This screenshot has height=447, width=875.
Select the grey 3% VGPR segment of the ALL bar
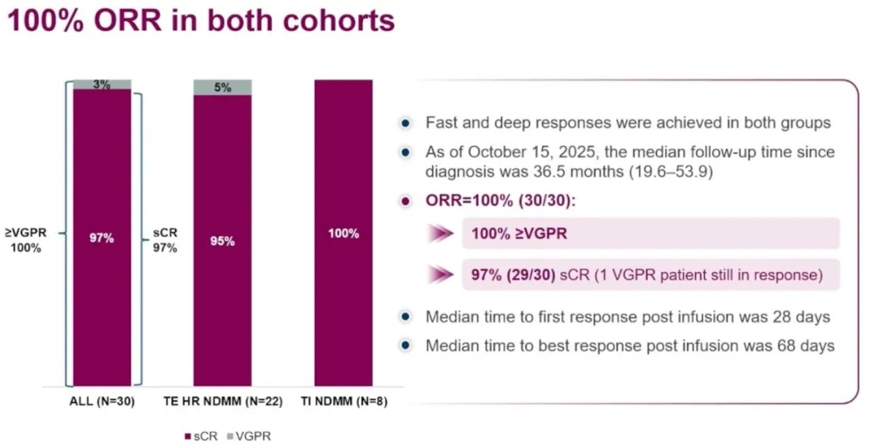(101, 84)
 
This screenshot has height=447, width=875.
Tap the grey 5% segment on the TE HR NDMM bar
(222, 88)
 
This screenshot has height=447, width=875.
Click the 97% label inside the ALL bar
(101, 239)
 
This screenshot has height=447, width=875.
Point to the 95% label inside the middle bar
(222, 241)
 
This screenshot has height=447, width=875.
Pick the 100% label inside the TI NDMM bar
(344, 234)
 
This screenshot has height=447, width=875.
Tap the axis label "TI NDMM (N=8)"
(344, 400)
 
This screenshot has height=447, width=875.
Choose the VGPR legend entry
(250, 436)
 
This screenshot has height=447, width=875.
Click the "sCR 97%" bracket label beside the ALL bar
(164, 239)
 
